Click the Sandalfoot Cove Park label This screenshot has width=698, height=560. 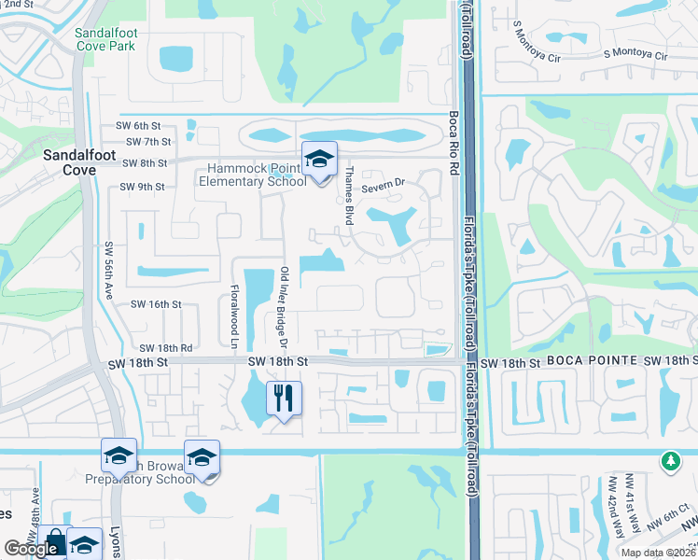(x=105, y=39)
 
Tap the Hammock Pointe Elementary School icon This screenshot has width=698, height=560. (x=318, y=160)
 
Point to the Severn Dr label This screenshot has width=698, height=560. (x=382, y=186)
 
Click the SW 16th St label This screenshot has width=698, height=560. (x=156, y=304)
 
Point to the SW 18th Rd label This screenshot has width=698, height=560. (x=167, y=347)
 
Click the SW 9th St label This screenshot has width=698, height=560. (x=142, y=187)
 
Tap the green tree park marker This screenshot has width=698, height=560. (x=669, y=461)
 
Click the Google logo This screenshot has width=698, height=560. (x=31, y=549)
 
